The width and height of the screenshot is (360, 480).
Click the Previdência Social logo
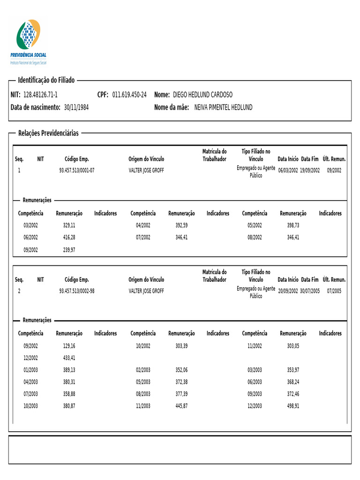tap(29, 41)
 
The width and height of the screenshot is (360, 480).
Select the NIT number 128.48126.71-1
tap(40, 95)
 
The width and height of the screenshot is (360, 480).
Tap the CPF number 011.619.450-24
tap(129, 95)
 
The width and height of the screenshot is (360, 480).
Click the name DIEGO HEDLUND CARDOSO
tap(202, 95)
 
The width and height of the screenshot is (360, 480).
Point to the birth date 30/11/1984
tap(76, 107)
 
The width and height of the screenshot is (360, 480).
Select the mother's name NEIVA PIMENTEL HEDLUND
tap(223, 107)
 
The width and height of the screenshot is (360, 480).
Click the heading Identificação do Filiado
tap(46, 81)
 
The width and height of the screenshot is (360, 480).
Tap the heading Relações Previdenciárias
tap(48, 133)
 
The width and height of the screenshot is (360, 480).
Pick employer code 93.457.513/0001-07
tap(76, 170)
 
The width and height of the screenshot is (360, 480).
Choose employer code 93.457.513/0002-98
tap(76, 291)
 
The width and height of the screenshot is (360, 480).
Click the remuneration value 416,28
tap(69, 238)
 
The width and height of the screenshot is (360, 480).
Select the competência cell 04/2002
tap(143, 225)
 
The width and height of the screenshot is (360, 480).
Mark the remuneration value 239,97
tap(69, 250)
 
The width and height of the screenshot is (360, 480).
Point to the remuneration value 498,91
tap(293, 406)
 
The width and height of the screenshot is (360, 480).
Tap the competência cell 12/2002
tap(30, 358)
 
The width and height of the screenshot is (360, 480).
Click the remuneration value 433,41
tap(69, 358)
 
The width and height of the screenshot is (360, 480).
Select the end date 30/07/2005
tap(310, 291)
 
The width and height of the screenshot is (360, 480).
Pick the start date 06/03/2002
tap(288, 170)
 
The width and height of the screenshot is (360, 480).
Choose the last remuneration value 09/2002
tap(334, 170)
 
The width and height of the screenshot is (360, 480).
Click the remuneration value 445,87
tap(181, 406)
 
